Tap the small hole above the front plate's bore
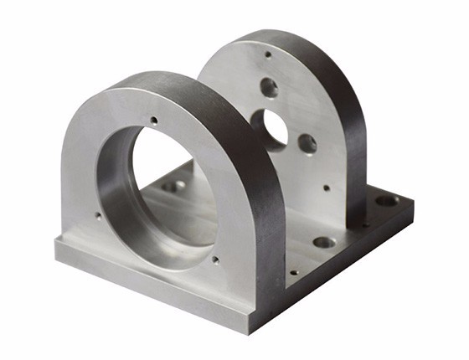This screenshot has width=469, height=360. pos(153,121)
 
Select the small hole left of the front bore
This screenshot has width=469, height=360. pos(98,216)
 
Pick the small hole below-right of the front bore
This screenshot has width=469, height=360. pos(216,260)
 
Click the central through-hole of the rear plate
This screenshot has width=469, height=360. pos(274,127)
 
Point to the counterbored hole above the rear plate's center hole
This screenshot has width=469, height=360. pos(269,86)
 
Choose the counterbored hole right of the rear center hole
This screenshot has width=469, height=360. pos(307,143)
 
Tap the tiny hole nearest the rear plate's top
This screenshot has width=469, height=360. pos(268,54)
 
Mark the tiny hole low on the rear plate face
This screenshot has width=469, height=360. pos(326,188)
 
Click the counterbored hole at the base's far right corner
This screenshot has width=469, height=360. pos(386,201)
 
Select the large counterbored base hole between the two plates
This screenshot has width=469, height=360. pos(323,243)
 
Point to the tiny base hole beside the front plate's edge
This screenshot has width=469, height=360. pos(293,272)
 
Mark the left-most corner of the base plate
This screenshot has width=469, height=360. pos(56,243)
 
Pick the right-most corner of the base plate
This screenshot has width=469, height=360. pos(413,201)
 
